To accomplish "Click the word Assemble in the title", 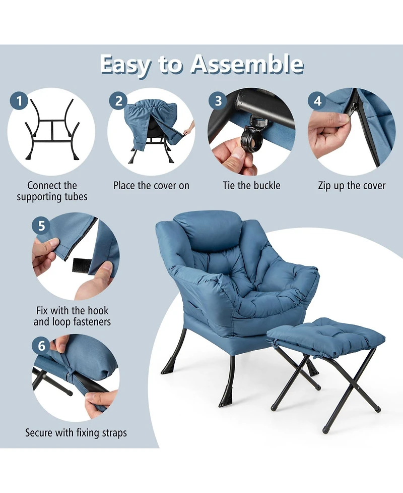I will point(247,65).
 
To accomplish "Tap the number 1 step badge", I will point(19,101).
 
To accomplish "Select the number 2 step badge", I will point(118,101).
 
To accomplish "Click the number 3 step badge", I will point(218,101).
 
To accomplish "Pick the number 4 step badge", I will point(317,101).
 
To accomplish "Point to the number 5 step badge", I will point(41,226).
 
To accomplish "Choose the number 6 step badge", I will point(41,347).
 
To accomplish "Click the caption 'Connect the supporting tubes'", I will point(52,191).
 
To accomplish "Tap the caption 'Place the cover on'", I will point(151,186).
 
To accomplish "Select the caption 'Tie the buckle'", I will point(251,186).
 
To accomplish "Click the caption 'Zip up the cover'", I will point(352,186).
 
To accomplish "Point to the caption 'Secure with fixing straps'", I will point(76,432).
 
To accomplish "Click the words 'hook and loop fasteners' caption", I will point(72,316).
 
